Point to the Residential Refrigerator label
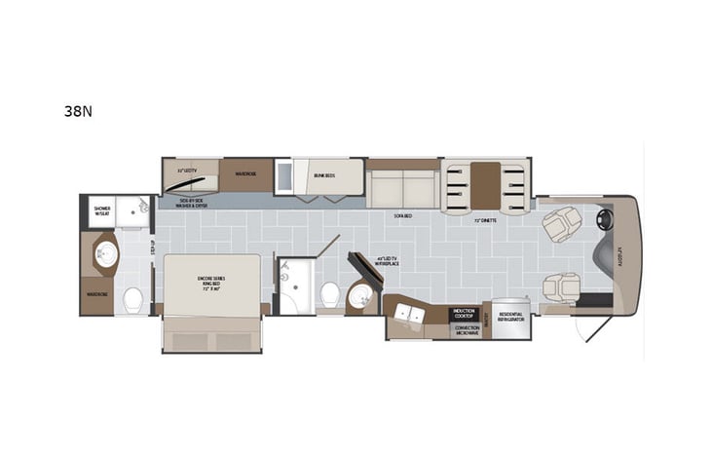click(510, 316)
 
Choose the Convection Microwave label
click(468, 329)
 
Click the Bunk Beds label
click(324, 176)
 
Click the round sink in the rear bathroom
click(104, 255)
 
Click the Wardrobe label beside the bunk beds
click(244, 176)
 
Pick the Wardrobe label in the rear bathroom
click(96, 296)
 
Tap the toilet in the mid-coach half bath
click(328, 292)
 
